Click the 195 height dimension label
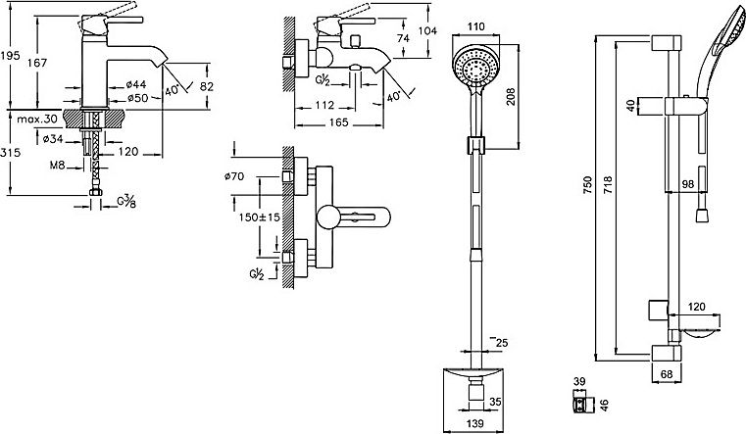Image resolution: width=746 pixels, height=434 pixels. coord(10,55)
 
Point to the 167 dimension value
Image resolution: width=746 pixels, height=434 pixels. coord(37,63)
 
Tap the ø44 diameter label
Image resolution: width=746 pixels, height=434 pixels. coord(136,84)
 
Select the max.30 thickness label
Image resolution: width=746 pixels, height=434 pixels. coord(36,119)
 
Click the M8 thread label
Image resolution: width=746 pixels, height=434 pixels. coord(57,166)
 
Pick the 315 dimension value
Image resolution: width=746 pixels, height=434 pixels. coord(10,153)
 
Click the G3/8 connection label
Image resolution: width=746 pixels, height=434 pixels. coord(126,202)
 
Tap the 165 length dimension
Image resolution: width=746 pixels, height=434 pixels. coord(339,122)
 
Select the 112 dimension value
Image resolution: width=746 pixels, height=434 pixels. coord(324,105)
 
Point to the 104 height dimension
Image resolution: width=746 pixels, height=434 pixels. coord(427,31)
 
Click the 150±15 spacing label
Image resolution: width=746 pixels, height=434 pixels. coord(260,217)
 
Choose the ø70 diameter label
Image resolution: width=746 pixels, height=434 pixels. coord(234,176)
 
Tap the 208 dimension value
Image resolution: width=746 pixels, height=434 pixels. coord(511,97)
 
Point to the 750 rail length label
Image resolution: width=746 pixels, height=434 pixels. coord(587,185)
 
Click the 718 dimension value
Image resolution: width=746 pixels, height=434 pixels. coord(608,185)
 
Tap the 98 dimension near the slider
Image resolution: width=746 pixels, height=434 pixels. coord(687,183)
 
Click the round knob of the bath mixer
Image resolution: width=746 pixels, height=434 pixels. coord(328,217)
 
